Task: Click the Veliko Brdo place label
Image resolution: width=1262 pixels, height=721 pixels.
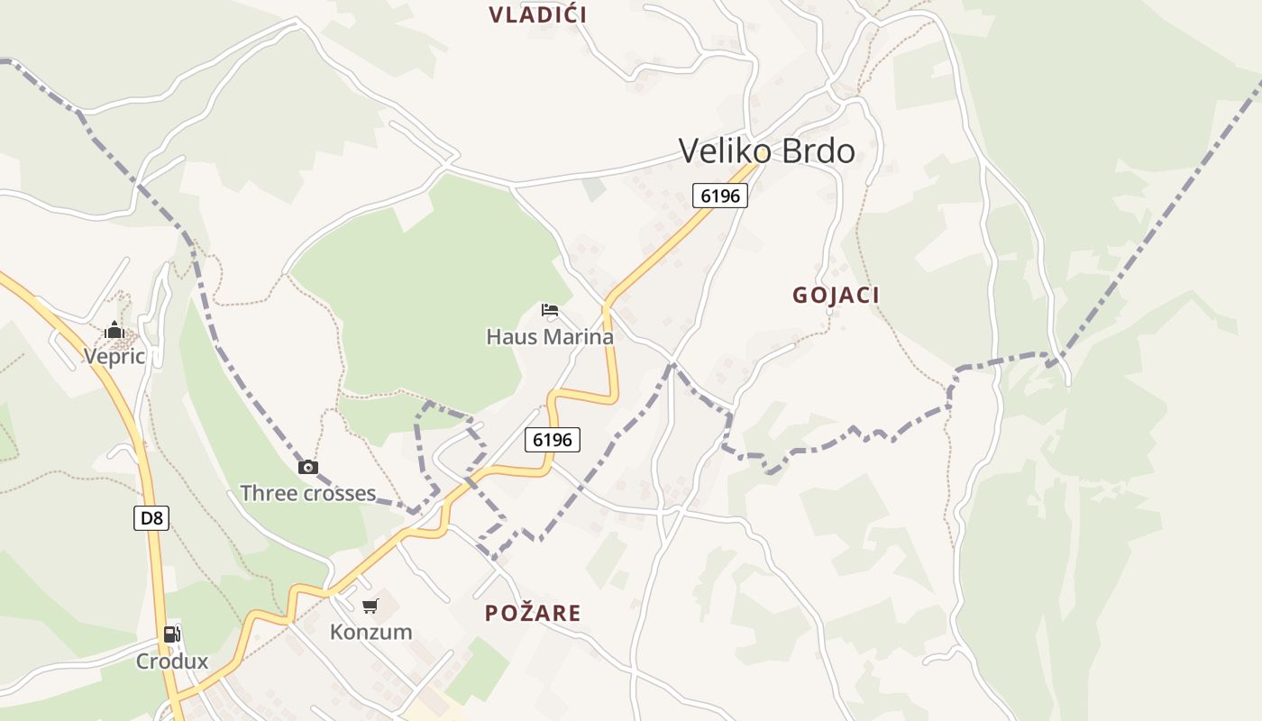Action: pyautogui.click(x=766, y=151)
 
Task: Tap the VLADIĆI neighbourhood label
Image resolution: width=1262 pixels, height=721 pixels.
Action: pyautogui.click(x=538, y=14)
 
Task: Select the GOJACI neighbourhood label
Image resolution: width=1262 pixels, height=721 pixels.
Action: pyautogui.click(x=836, y=295)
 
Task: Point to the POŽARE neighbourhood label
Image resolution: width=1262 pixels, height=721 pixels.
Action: pyautogui.click(x=533, y=613)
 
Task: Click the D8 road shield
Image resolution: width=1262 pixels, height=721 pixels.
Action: pyautogui.click(x=151, y=518)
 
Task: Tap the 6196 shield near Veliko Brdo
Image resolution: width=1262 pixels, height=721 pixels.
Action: pyautogui.click(x=720, y=195)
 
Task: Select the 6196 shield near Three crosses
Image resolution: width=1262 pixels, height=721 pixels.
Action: pyautogui.click(x=553, y=440)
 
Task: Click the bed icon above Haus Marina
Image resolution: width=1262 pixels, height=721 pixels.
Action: pyautogui.click(x=550, y=311)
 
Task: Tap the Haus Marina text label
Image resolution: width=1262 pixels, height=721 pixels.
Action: pyautogui.click(x=550, y=337)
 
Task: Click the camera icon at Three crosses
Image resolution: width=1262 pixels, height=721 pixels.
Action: pyautogui.click(x=308, y=467)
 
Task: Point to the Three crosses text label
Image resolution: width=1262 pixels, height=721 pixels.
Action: pyautogui.click(x=307, y=493)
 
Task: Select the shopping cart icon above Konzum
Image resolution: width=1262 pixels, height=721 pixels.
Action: pyautogui.click(x=370, y=606)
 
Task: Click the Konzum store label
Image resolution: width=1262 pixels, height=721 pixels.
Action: pyautogui.click(x=370, y=632)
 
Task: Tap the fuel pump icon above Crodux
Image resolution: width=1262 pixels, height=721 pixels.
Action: pyautogui.click(x=171, y=634)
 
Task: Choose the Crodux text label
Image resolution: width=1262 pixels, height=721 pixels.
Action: pyautogui.click(x=172, y=662)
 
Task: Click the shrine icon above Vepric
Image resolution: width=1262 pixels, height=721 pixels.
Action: pyautogui.click(x=114, y=330)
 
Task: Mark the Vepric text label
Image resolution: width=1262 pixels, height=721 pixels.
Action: pyautogui.click(x=114, y=356)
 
